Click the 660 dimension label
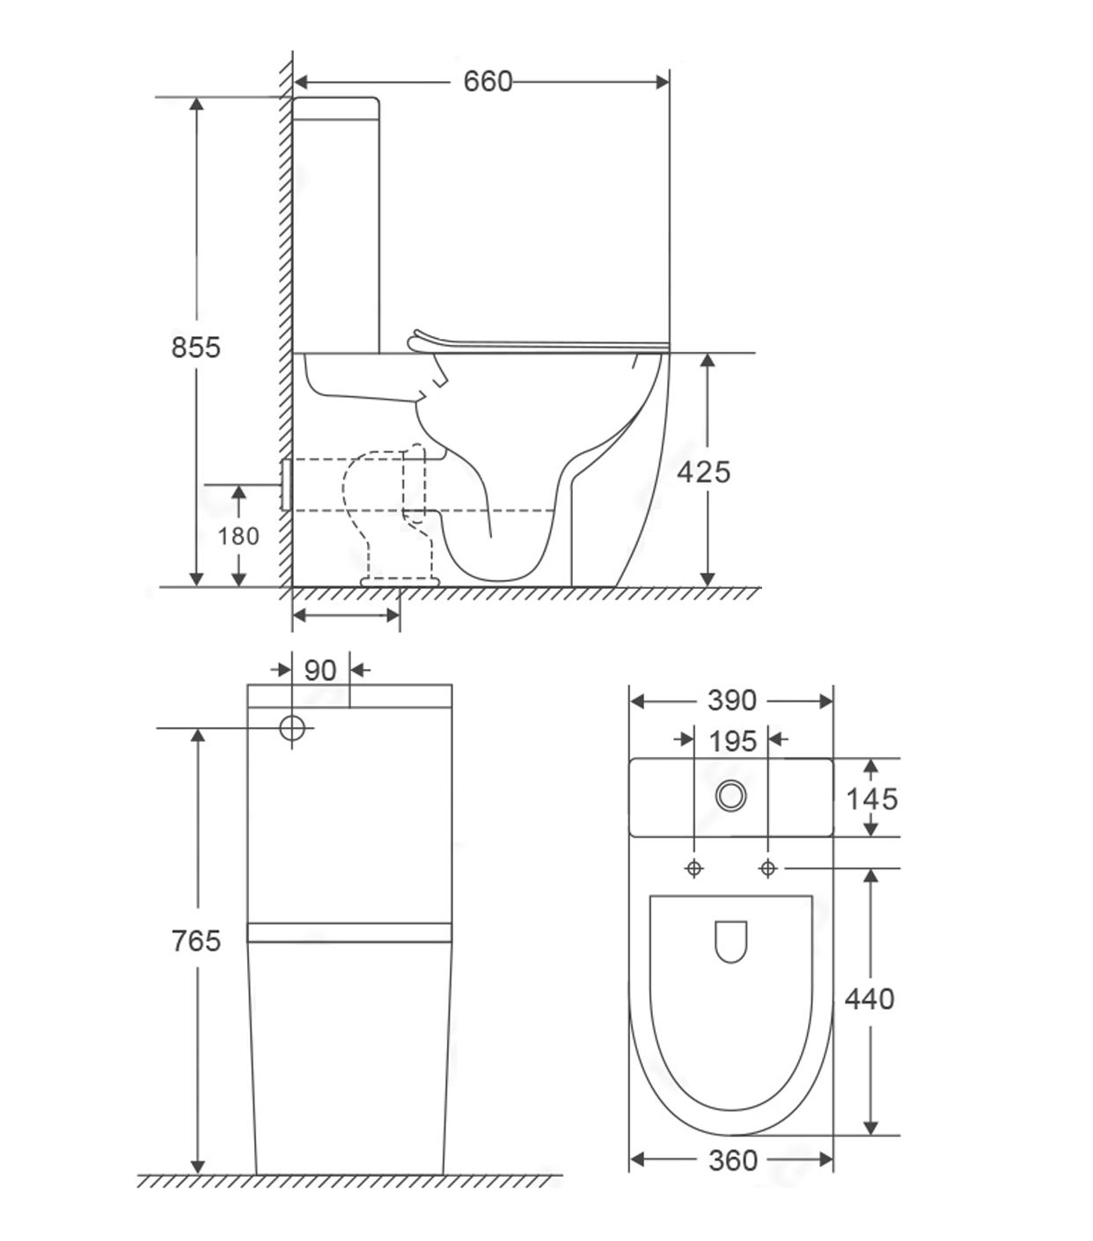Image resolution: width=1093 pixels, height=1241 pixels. click(488, 82)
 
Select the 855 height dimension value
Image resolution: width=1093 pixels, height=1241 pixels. click(196, 348)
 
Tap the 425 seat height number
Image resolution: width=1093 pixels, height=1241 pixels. click(704, 473)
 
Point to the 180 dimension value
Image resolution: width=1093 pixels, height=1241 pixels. click(238, 537)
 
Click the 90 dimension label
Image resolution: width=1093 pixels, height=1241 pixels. click(320, 671)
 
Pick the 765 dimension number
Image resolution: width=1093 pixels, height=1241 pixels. click(196, 941)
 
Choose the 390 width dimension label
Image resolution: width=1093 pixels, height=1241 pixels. click(732, 701)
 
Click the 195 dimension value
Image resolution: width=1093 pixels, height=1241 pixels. click(733, 742)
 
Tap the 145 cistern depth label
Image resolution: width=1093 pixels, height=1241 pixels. click(872, 799)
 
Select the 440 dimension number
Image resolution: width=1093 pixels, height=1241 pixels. click(869, 999)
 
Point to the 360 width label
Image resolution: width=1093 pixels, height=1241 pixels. click(733, 1160)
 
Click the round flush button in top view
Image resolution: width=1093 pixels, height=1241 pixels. click(731, 797)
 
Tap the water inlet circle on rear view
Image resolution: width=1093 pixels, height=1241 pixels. click(292, 728)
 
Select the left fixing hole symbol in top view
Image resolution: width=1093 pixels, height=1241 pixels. click(694, 869)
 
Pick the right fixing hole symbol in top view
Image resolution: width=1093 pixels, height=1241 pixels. click(767, 869)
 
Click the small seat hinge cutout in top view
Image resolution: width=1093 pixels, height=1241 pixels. click(731, 942)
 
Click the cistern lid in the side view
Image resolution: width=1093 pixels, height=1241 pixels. click(336, 108)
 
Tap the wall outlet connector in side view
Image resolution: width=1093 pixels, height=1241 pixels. click(285, 484)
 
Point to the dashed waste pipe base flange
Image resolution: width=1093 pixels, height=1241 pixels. click(400, 581)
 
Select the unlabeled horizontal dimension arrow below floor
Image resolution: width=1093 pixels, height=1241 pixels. click(346, 615)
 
